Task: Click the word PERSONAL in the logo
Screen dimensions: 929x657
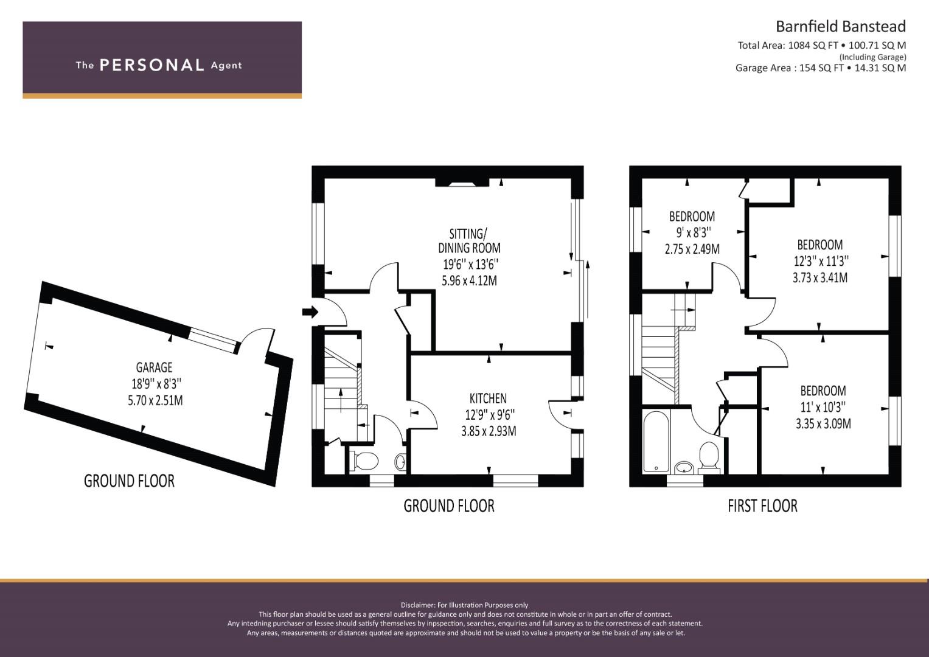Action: (x=152, y=65)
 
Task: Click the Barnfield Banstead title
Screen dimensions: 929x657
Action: (x=841, y=27)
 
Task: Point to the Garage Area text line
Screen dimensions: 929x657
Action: (x=821, y=68)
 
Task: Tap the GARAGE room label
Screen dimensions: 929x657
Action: (x=155, y=367)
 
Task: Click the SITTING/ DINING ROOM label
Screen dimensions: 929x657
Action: (x=469, y=241)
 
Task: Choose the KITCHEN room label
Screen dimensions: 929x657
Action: (x=488, y=398)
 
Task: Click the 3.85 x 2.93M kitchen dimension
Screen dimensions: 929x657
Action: (x=489, y=431)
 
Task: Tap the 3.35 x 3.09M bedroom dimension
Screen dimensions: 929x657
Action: (x=823, y=424)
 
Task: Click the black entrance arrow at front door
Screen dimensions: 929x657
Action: (x=310, y=312)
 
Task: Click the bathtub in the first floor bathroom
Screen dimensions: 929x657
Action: (x=656, y=440)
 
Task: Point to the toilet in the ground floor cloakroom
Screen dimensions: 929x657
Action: (x=364, y=461)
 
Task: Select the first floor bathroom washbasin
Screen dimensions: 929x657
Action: (x=684, y=468)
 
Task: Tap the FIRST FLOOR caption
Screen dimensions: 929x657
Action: (x=762, y=506)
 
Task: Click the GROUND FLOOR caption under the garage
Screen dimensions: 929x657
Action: (x=129, y=481)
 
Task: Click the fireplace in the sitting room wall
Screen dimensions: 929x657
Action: (x=462, y=183)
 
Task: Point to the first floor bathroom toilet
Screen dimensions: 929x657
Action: (x=709, y=458)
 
